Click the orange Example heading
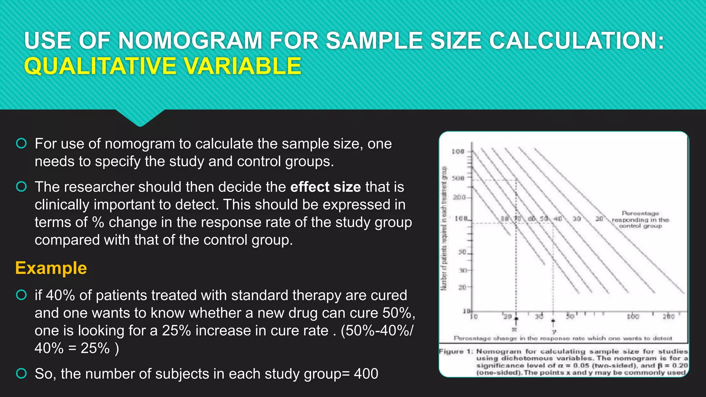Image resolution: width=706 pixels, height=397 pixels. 51,268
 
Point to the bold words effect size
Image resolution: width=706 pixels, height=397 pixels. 325,187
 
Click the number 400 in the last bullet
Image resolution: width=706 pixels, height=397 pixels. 366,374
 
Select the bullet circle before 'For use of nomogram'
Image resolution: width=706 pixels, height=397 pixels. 21,143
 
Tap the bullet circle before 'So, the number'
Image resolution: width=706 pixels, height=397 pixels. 21,373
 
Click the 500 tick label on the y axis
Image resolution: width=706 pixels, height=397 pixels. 458,178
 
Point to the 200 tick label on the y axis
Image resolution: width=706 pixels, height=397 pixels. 459,197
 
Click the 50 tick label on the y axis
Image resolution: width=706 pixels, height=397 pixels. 462,252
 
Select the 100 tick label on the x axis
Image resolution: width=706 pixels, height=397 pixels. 633,316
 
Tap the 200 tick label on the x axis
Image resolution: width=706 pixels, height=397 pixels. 668,316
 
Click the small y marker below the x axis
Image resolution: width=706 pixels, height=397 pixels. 554,332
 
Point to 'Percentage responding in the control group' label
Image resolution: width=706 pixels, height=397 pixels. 640,220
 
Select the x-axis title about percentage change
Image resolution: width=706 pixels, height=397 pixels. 563,338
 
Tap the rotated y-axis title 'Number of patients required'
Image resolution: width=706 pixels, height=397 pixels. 444,228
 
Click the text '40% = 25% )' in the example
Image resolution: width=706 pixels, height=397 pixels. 77,348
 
